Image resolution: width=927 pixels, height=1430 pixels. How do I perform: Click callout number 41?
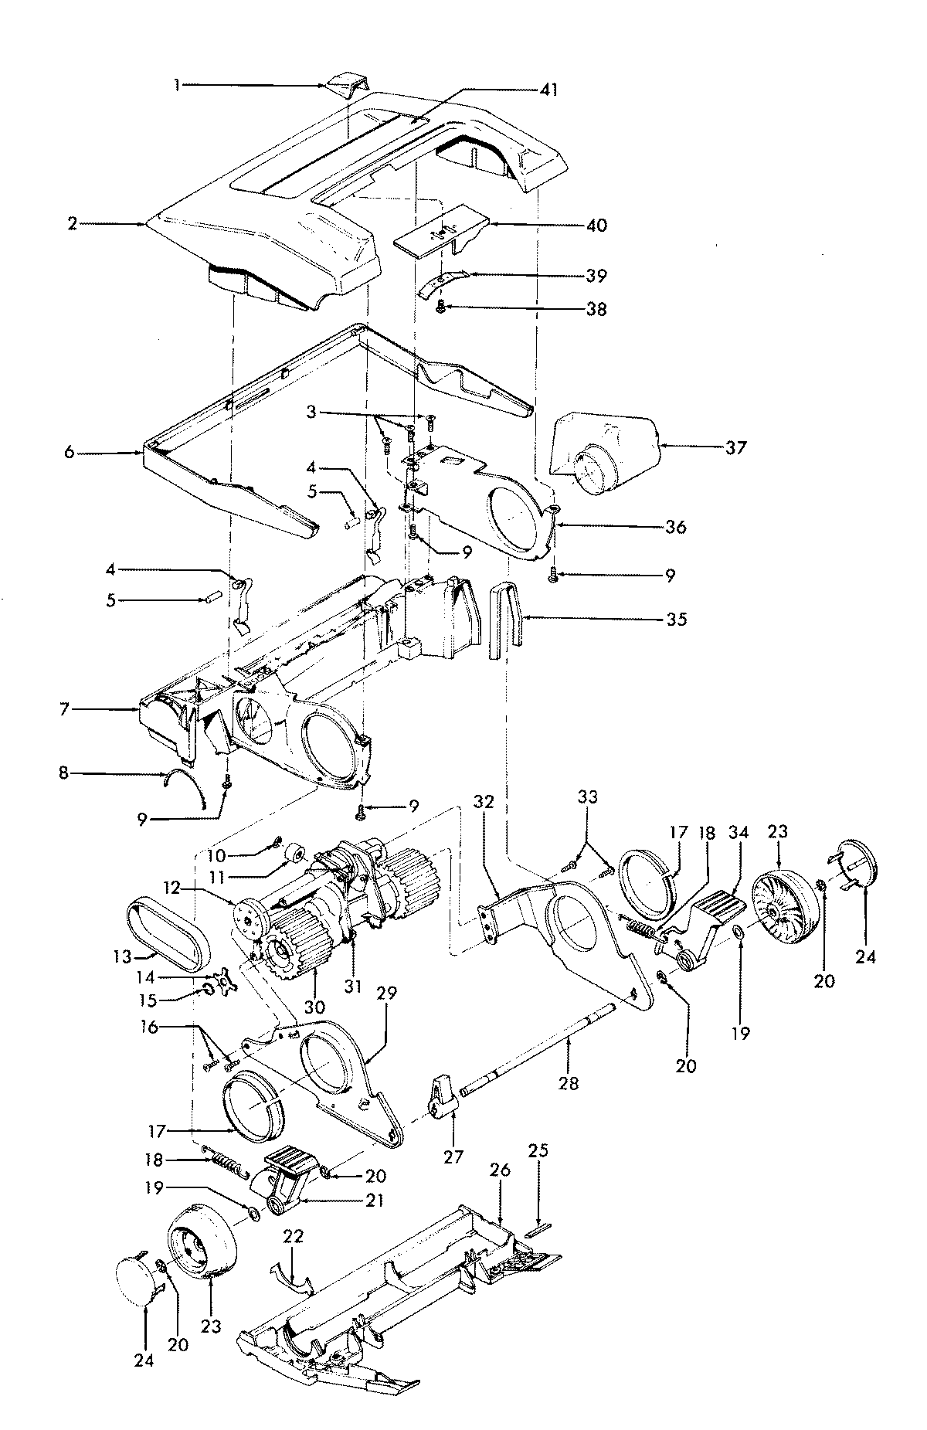coord(548,90)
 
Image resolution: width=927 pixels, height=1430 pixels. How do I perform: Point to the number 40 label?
coord(596,226)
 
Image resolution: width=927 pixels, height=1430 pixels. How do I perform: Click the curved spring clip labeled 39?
coord(443,283)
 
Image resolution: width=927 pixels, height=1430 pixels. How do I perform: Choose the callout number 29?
coord(386,994)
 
